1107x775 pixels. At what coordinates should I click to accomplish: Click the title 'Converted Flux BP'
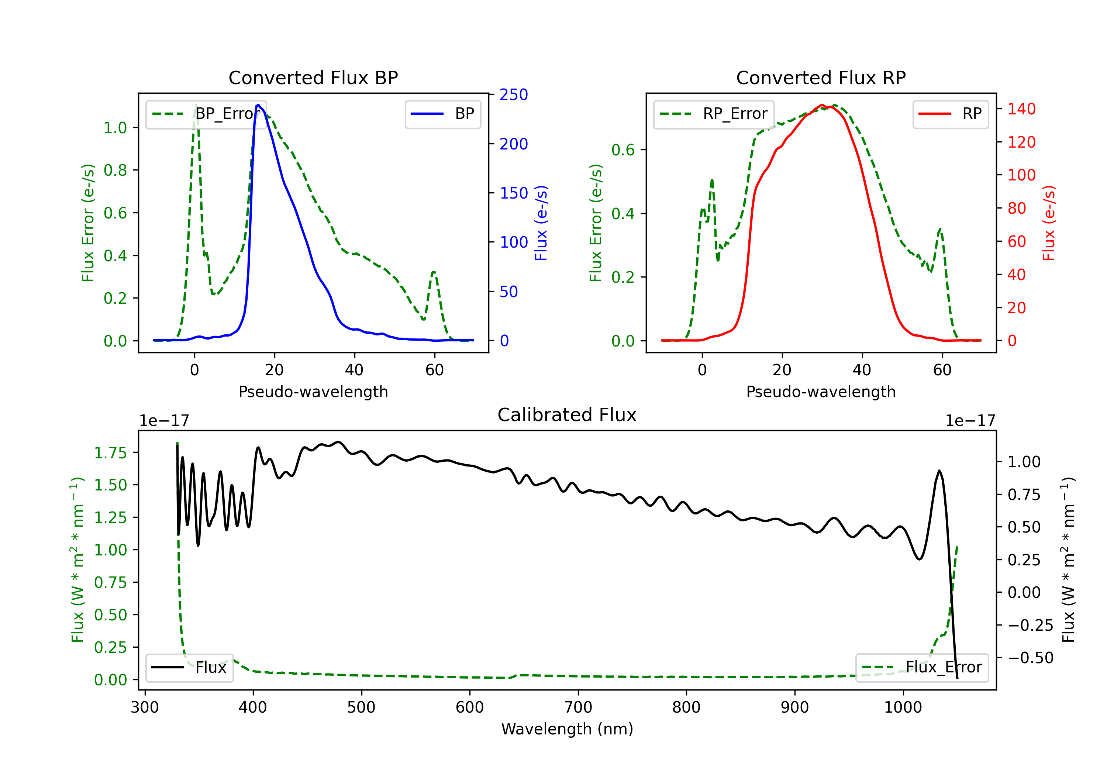(x=313, y=77)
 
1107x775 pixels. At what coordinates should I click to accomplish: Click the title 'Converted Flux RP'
(x=821, y=77)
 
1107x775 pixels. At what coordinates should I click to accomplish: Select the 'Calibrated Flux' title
(x=567, y=415)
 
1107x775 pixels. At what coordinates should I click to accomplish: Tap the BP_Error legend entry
(x=206, y=114)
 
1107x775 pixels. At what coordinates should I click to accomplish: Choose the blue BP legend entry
(x=442, y=114)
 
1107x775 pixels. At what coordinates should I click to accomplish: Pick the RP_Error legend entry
(x=714, y=114)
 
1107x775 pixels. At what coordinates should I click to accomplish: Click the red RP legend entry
(x=950, y=114)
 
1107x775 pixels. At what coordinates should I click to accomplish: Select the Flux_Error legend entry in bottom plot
(x=922, y=668)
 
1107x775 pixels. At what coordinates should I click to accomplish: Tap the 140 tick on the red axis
(x=1021, y=109)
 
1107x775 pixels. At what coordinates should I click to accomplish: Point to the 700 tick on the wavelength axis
(x=578, y=707)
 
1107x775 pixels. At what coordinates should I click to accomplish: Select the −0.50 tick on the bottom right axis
(x=1030, y=658)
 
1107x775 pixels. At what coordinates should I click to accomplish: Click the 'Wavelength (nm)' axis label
(x=567, y=729)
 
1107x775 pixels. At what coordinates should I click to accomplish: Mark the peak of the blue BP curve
(x=258, y=105)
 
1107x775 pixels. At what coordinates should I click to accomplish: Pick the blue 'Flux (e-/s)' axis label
(x=541, y=223)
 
